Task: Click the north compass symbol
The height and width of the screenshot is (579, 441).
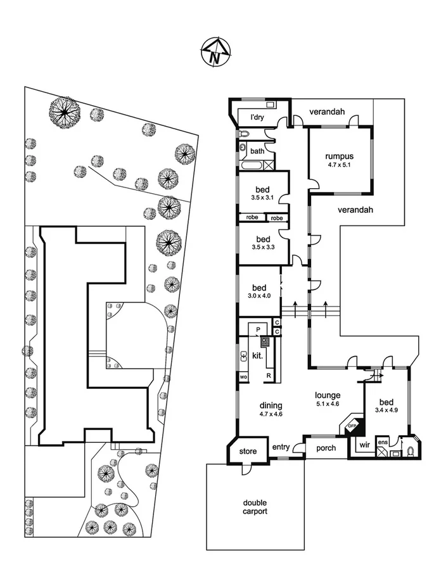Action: coord(215,52)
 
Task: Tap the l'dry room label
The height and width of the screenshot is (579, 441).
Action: coord(257,117)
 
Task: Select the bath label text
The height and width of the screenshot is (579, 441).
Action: coord(257,151)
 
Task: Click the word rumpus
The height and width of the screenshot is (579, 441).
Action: coord(339,157)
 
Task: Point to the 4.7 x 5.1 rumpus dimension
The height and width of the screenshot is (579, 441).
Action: coord(339,165)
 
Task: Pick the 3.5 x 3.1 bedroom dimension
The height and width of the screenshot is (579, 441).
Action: coord(263,197)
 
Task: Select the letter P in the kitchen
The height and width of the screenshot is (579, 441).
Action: coord(258,330)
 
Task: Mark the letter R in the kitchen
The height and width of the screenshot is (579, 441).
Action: coord(269,376)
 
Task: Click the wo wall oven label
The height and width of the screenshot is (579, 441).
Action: coord(243,376)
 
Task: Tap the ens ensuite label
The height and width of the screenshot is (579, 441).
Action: coord(382,442)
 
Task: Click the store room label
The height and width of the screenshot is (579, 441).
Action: coord(248,452)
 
